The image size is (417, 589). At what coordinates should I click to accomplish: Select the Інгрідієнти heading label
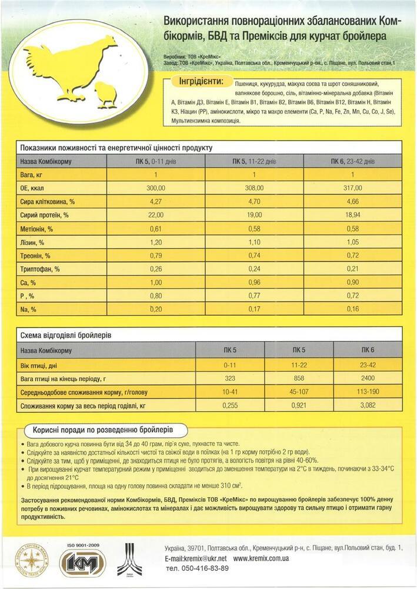click(199, 81)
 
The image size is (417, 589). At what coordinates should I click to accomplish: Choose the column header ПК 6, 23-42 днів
click(352, 161)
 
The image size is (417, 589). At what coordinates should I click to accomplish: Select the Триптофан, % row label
click(40, 269)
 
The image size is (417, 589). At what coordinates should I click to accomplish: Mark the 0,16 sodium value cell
click(352, 309)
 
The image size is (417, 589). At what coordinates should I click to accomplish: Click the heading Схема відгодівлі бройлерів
click(66, 335)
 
